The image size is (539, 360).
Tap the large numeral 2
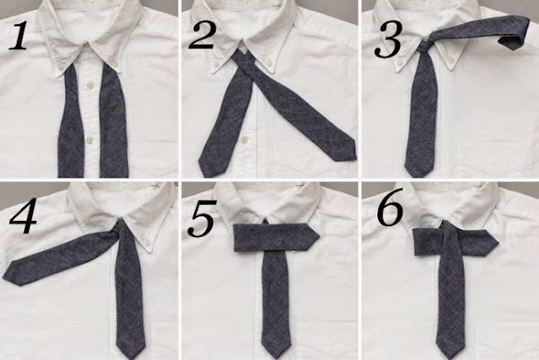(x=202, y=36)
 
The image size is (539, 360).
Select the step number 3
(x=388, y=40)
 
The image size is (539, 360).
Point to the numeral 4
(x=22, y=217)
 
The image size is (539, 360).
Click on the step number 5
(x=202, y=219)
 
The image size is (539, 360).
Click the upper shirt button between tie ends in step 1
(x=91, y=83)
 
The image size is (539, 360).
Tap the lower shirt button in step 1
(x=90, y=139)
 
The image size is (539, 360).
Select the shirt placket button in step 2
(x=244, y=140)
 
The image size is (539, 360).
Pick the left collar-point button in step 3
(x=400, y=64)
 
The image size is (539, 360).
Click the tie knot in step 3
(x=426, y=45)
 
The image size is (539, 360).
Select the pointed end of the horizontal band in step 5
(x=318, y=236)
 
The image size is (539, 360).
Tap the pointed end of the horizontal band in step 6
(x=498, y=243)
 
